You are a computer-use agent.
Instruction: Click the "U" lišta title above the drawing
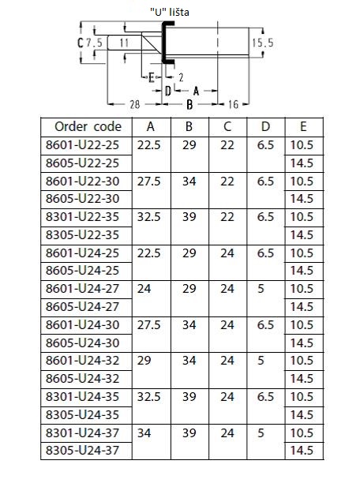pos(170,13)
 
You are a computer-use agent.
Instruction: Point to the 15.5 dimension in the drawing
pos(263,43)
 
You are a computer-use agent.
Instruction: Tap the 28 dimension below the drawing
pos(135,105)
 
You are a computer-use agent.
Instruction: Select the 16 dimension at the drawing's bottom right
pos(234,105)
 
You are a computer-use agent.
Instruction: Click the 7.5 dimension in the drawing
pos(94,43)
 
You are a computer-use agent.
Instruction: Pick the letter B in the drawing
pos(189,105)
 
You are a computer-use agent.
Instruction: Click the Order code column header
pos(88,126)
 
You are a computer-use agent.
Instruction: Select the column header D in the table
pos(265,126)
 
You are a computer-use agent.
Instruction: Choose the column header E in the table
pos(303,126)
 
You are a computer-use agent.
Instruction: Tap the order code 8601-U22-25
pos(82,145)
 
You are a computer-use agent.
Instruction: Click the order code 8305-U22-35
pos(82,235)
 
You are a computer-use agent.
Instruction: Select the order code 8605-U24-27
pos(82,307)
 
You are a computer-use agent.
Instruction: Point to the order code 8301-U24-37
pos(82,433)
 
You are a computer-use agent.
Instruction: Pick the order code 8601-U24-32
pos(82,361)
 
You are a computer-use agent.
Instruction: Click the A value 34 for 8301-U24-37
pos(144,433)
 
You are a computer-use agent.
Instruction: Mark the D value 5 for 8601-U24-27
pos(261,289)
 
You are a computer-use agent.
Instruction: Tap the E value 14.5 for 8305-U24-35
pos(302,415)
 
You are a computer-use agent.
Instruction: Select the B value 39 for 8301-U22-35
pos(189,217)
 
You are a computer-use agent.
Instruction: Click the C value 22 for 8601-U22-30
pos(227,182)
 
